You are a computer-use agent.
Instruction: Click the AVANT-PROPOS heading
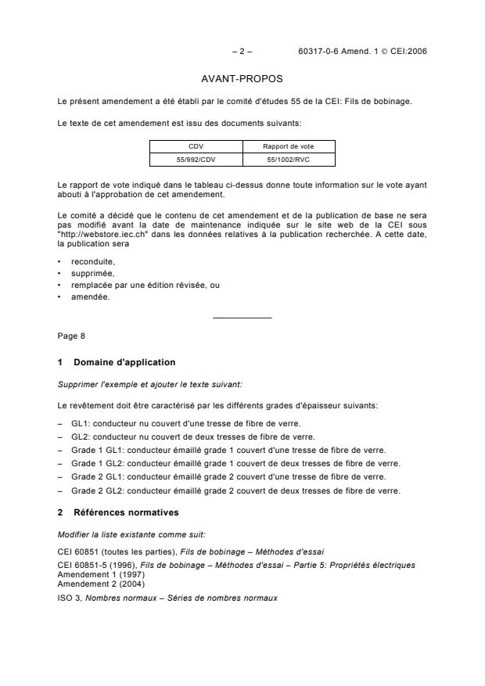(242, 79)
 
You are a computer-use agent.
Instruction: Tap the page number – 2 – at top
(242, 51)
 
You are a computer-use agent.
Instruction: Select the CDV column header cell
(196, 145)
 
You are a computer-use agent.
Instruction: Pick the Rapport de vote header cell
(289, 145)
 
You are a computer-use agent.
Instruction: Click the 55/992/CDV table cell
(196, 160)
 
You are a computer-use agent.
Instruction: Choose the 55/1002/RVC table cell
(289, 160)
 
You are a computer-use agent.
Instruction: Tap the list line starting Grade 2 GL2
(235, 490)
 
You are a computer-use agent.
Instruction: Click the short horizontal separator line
(242, 318)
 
